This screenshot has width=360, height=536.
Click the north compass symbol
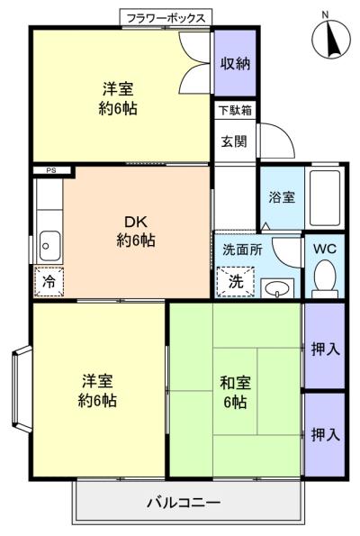(x=331, y=38)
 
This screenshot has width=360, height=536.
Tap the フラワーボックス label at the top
(x=166, y=18)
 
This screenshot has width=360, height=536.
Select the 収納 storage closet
(x=235, y=63)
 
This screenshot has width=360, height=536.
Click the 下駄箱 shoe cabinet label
(x=235, y=111)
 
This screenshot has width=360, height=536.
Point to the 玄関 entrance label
(x=234, y=141)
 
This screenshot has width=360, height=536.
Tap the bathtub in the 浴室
(x=325, y=198)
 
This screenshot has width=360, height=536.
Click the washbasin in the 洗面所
(x=277, y=288)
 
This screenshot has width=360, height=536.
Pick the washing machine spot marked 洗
(x=236, y=281)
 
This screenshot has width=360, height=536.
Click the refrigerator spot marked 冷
(x=49, y=281)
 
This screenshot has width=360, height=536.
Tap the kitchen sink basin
(x=49, y=246)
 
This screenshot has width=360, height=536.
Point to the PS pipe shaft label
(x=51, y=170)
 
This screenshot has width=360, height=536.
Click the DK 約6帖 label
(x=136, y=232)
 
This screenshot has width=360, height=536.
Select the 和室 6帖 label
(x=235, y=392)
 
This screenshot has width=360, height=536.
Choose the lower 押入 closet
(x=325, y=435)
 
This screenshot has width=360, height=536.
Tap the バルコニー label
(x=184, y=503)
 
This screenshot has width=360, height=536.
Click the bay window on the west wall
(x=22, y=389)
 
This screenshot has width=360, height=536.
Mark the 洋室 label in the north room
(x=118, y=89)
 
